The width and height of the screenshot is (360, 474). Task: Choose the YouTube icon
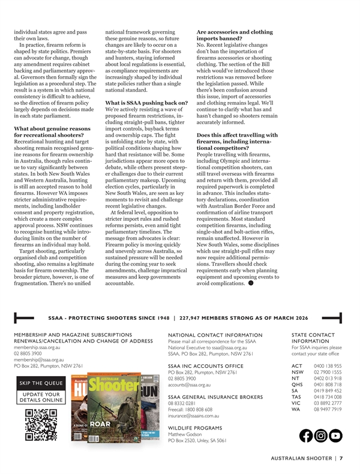pyautogui.click(x=336, y=419)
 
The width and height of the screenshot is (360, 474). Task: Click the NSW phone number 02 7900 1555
pyautogui.click(x=328, y=373)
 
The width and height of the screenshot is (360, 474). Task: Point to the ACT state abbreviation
pyautogui.click(x=296, y=365)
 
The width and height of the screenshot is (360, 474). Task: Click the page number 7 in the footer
pyautogui.click(x=341, y=458)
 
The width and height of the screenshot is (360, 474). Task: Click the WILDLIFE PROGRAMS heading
pyautogui.click(x=196, y=428)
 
